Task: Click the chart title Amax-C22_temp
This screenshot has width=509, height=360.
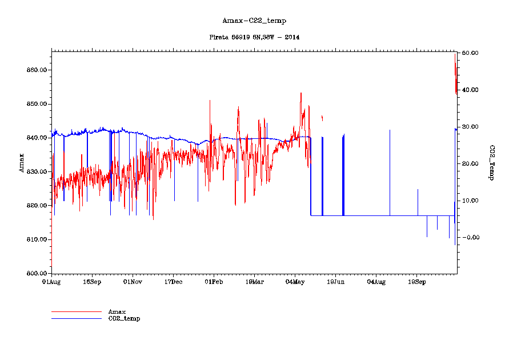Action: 254,21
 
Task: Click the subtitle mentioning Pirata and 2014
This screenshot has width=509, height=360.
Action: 254,37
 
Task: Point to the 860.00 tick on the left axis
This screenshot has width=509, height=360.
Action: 36,70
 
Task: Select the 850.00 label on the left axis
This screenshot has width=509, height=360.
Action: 36,104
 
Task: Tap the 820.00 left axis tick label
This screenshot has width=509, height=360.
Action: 36,206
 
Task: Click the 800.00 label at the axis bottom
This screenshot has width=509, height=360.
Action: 36,274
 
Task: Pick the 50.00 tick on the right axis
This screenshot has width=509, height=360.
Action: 471,53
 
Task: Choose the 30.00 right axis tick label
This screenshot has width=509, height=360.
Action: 471,127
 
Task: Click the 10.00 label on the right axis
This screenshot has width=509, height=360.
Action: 471,201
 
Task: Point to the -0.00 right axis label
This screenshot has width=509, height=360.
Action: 471,237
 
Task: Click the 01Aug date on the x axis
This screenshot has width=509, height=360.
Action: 51,282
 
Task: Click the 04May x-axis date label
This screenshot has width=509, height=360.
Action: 295,282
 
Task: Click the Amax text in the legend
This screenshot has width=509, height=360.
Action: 117,311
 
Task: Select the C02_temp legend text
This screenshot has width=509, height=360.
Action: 124,318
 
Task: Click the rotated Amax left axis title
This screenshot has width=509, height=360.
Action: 22,162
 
